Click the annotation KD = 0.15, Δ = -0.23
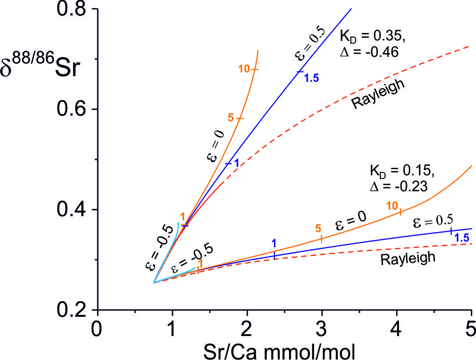click(x=398, y=177)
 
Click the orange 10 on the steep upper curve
click(x=243, y=69)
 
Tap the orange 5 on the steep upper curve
click(x=230, y=117)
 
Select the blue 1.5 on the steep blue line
click(x=311, y=78)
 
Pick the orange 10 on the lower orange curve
click(x=392, y=205)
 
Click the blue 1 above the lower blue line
click(x=274, y=243)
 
